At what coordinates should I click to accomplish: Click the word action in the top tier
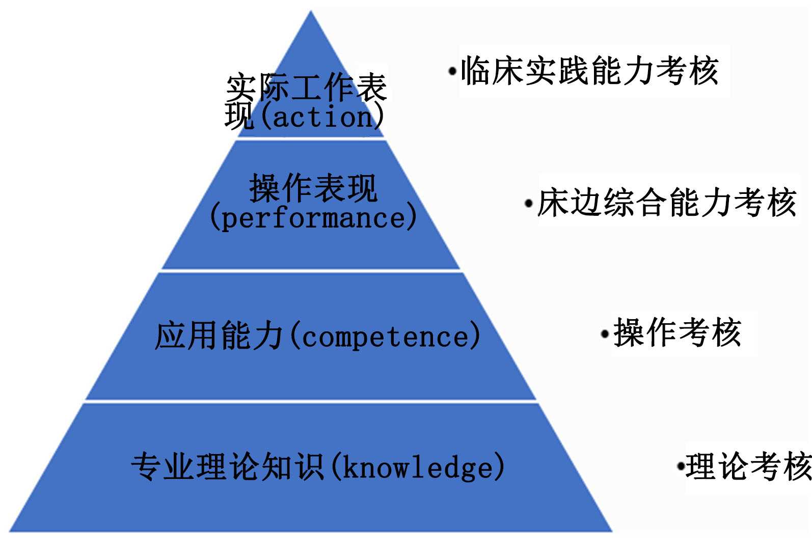(x=323, y=117)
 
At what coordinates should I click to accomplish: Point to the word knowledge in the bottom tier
(x=418, y=467)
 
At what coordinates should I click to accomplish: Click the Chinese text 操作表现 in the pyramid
(x=313, y=188)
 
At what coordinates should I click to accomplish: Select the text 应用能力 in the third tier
(x=219, y=336)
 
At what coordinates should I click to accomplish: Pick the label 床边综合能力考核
(x=666, y=203)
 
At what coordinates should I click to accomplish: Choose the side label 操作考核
(x=677, y=333)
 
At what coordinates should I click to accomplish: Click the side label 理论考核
(x=748, y=465)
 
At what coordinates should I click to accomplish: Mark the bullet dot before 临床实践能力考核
(x=452, y=71)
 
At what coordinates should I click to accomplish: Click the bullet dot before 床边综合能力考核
(x=529, y=204)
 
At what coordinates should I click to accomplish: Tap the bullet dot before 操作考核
(x=605, y=334)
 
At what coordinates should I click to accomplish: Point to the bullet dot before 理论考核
(x=680, y=465)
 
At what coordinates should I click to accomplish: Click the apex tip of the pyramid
(x=311, y=12)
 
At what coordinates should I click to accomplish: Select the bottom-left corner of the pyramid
(x=10, y=530)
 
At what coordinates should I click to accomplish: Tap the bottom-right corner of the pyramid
(x=611, y=530)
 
